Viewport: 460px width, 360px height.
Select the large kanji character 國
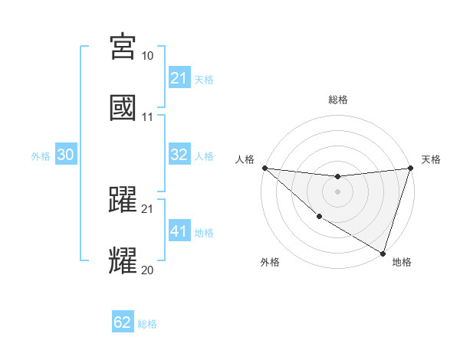123,107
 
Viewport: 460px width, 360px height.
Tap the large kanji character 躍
123,199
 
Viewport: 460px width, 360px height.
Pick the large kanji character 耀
123,260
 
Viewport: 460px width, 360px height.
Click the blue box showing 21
179,78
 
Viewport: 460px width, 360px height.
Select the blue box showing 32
179,155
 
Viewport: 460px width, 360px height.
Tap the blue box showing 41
179,231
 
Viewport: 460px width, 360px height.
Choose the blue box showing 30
65,155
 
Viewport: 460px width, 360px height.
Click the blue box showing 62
123,322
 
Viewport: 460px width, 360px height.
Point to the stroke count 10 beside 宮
148,56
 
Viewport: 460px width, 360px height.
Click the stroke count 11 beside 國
148,117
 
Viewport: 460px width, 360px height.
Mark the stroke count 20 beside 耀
148,270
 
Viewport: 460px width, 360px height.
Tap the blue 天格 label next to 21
204,79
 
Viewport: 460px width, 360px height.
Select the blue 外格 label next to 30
41,155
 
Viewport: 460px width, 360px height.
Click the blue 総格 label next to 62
147,323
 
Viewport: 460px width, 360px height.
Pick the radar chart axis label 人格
245,159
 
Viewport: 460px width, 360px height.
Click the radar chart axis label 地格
402,262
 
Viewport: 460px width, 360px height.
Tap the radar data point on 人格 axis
264,168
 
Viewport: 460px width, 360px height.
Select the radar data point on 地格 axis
383,253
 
